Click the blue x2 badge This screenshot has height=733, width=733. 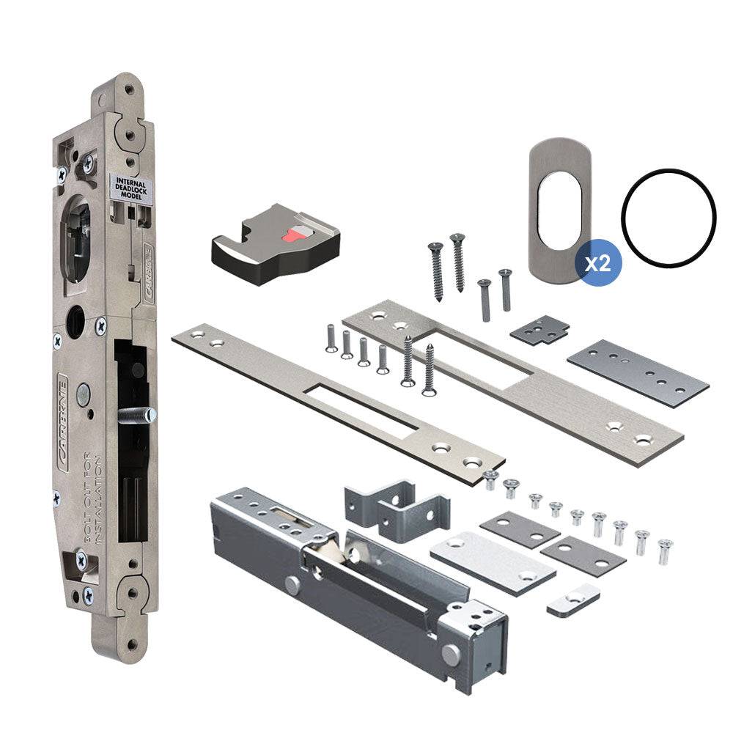[x=600, y=263]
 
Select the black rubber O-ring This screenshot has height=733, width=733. [x=668, y=218]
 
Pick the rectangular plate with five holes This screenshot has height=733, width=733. [x=638, y=374]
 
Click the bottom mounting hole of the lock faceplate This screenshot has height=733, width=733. [x=131, y=644]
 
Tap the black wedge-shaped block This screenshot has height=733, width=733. [x=275, y=242]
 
